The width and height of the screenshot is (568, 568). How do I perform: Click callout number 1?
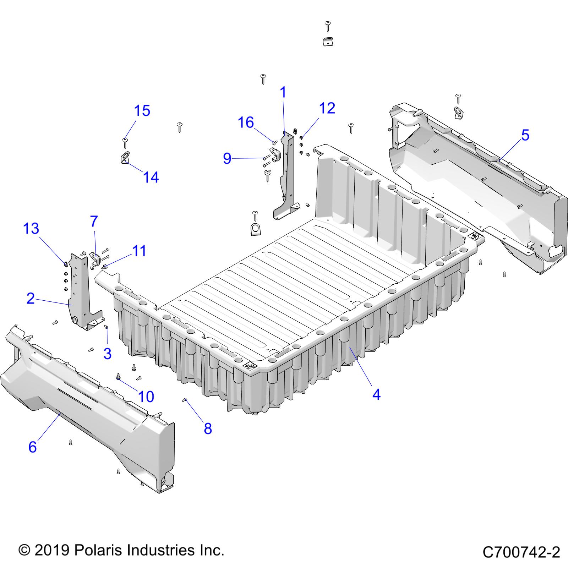click(x=283, y=93)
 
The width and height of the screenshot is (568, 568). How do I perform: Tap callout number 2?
click(x=31, y=298)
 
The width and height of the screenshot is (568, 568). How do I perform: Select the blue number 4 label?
click(x=376, y=394)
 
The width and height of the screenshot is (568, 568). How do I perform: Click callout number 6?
click(x=32, y=447)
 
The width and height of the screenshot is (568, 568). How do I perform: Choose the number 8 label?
click(x=208, y=428)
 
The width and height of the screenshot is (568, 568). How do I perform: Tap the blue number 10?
click(x=146, y=397)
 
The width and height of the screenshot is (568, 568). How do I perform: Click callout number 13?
click(x=31, y=229)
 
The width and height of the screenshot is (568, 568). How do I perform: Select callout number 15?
click(x=142, y=111)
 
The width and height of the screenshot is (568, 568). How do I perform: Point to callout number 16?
click(x=246, y=122)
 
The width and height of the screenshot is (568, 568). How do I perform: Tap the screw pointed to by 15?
click(x=125, y=142)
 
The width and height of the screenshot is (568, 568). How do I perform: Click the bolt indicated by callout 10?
click(x=118, y=377)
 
